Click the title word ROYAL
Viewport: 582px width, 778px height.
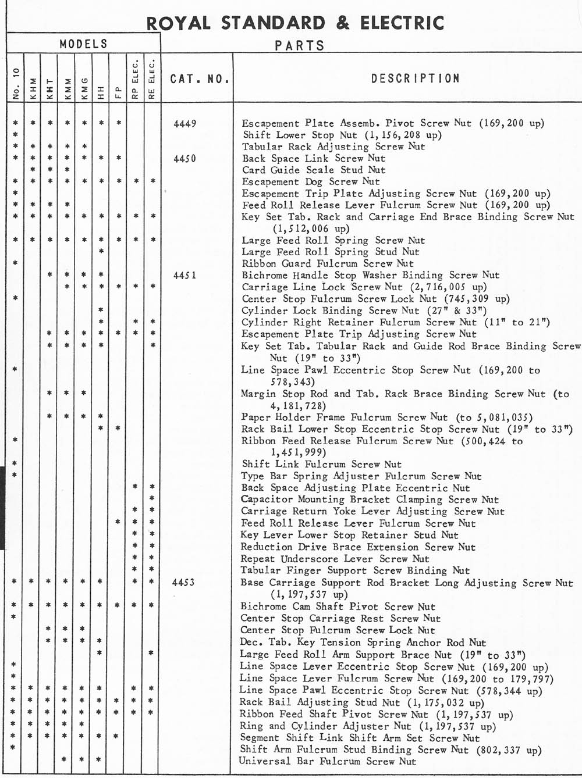[x=178, y=23]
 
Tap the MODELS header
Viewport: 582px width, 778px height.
[x=83, y=44]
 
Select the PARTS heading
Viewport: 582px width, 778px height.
[x=300, y=45]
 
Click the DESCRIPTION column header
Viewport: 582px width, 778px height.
[x=416, y=78]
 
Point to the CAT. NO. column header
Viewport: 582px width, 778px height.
[x=200, y=79]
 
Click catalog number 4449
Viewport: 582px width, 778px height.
[x=184, y=123]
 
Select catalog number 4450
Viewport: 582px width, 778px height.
[x=184, y=159]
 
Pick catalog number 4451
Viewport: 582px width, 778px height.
[x=184, y=276]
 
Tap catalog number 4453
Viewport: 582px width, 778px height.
[x=184, y=583]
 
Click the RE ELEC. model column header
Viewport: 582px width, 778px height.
[x=152, y=78]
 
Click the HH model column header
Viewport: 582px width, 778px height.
[x=101, y=90]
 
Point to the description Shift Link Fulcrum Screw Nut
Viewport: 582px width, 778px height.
[x=321, y=464]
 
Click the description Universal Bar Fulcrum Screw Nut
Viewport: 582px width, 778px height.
[x=328, y=761]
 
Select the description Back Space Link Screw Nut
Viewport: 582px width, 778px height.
[x=314, y=158]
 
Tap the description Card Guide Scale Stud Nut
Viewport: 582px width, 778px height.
[x=314, y=170]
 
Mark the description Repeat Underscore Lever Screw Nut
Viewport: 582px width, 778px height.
[x=335, y=559]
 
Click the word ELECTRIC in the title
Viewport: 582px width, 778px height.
[x=402, y=23]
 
